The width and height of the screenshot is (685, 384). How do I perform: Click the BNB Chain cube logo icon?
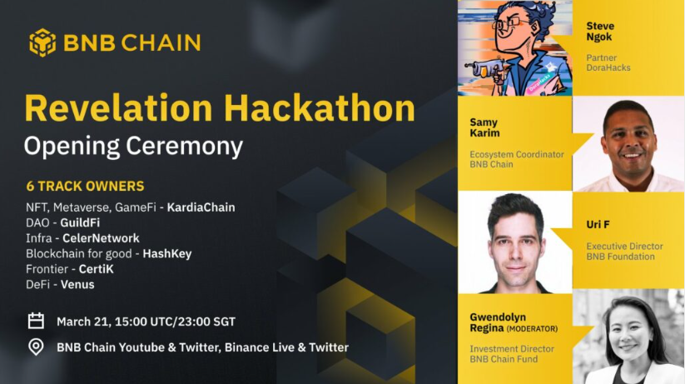(42, 42)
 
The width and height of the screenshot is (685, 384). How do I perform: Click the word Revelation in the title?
(118, 108)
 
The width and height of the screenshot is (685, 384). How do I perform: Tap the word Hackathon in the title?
(320, 108)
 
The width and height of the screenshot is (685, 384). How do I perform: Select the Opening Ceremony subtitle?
(133, 146)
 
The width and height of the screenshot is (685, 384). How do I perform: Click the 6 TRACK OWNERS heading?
(85, 187)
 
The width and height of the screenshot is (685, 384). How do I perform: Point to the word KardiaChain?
(201, 207)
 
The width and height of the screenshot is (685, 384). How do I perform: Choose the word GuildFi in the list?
(80, 222)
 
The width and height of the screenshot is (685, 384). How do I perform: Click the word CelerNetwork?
(101, 238)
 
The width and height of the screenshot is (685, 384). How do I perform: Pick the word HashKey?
(167, 254)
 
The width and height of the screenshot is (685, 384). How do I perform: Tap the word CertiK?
(96, 269)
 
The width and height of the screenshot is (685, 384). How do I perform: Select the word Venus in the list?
(77, 285)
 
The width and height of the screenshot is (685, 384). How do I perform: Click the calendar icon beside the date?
(36, 321)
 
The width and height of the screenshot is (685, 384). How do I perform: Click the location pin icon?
(36, 347)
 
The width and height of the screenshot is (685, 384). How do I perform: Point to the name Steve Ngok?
(600, 32)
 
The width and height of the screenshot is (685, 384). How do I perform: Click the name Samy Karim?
(484, 127)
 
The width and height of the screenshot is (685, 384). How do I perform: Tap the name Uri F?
(598, 225)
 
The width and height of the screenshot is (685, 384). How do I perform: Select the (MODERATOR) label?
(532, 329)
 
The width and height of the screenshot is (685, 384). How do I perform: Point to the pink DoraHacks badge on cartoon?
(539, 82)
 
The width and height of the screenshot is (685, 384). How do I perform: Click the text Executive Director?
(625, 247)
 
